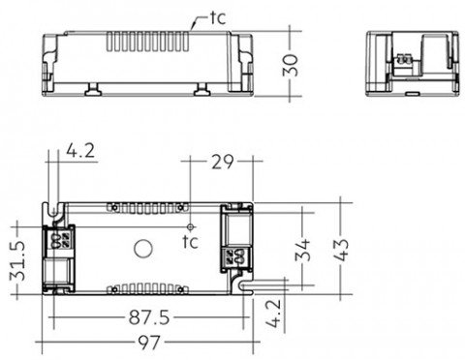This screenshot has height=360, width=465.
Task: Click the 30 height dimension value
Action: point(291,65)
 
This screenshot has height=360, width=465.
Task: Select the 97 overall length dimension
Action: point(149,342)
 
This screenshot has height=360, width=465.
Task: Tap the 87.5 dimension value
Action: point(149,317)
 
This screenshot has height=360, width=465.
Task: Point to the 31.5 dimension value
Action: point(17,260)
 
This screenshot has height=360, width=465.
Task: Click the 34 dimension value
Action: point(302,250)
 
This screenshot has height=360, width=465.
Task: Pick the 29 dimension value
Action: point(222,162)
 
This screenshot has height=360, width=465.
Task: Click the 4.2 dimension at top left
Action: point(80,151)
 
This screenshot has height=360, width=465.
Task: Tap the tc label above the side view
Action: point(218,18)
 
